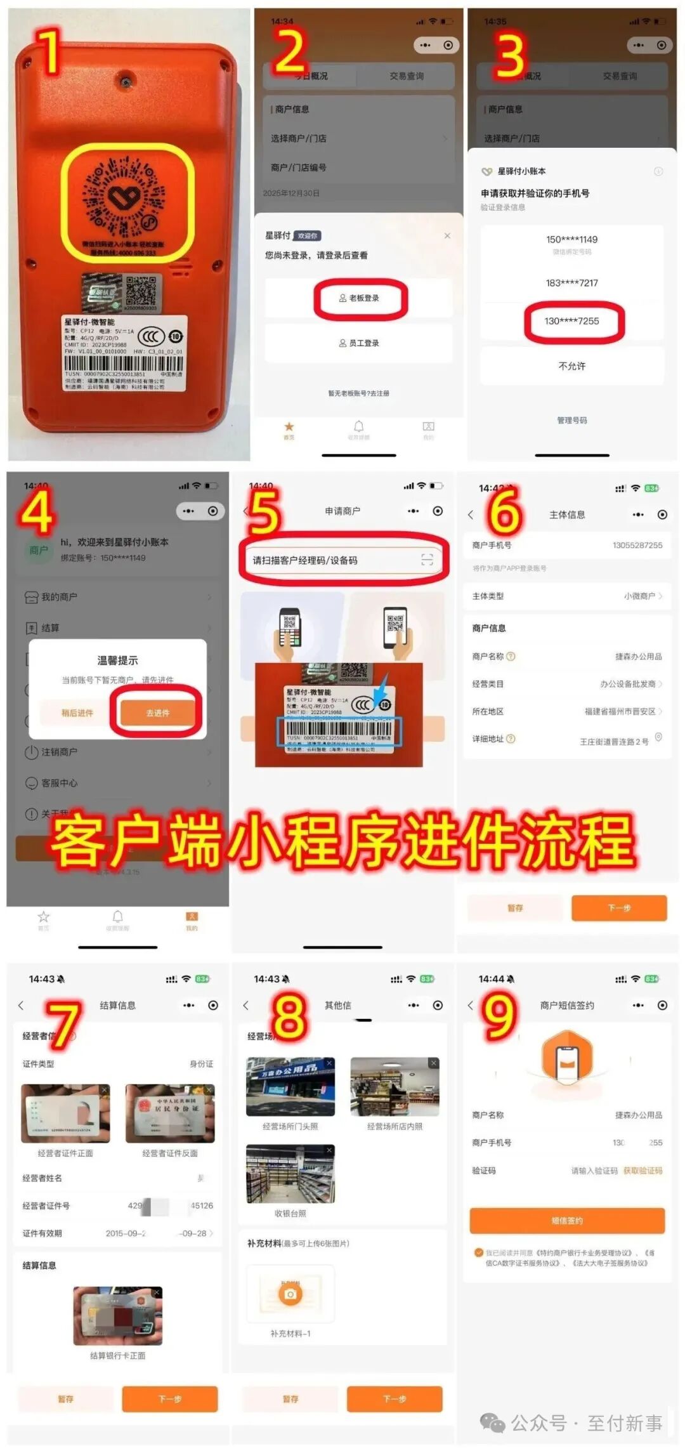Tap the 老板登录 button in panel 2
pyautogui.click(x=360, y=298)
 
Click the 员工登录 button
pyautogui.click(x=359, y=343)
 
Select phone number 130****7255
pyautogui.click(x=572, y=321)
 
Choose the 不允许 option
pyautogui.click(x=572, y=366)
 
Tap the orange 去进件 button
pyautogui.click(x=157, y=712)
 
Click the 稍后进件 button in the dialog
pyautogui.click(x=77, y=712)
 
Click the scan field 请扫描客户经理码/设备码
pyautogui.click(x=342, y=560)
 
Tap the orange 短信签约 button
pyautogui.click(x=567, y=1220)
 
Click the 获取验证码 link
pyautogui.click(x=643, y=1170)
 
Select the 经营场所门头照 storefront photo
pyautogui.click(x=290, y=1086)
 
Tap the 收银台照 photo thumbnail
pyautogui.click(x=290, y=1174)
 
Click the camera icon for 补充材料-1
pyautogui.click(x=290, y=1294)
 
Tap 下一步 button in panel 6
pyautogui.click(x=619, y=908)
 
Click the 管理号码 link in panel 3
pyautogui.click(x=572, y=420)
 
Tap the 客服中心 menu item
pyautogui.click(x=60, y=783)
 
